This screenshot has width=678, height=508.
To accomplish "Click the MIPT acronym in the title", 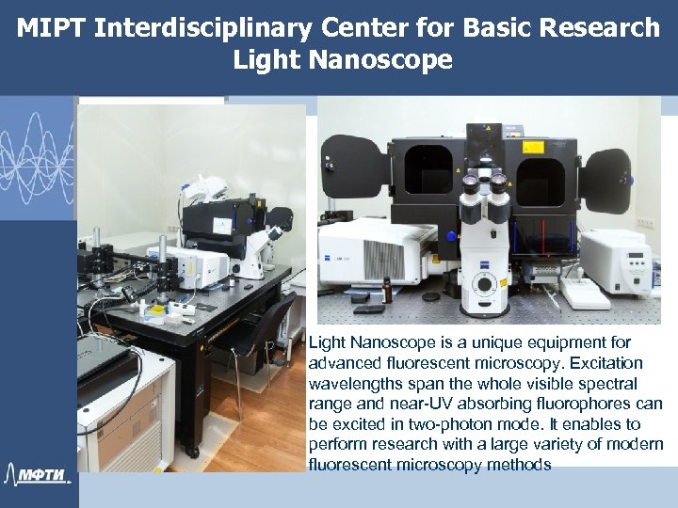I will (51, 28).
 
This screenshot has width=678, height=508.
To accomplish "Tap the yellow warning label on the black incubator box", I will (469, 177).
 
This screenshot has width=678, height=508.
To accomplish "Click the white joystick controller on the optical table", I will (587, 297).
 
